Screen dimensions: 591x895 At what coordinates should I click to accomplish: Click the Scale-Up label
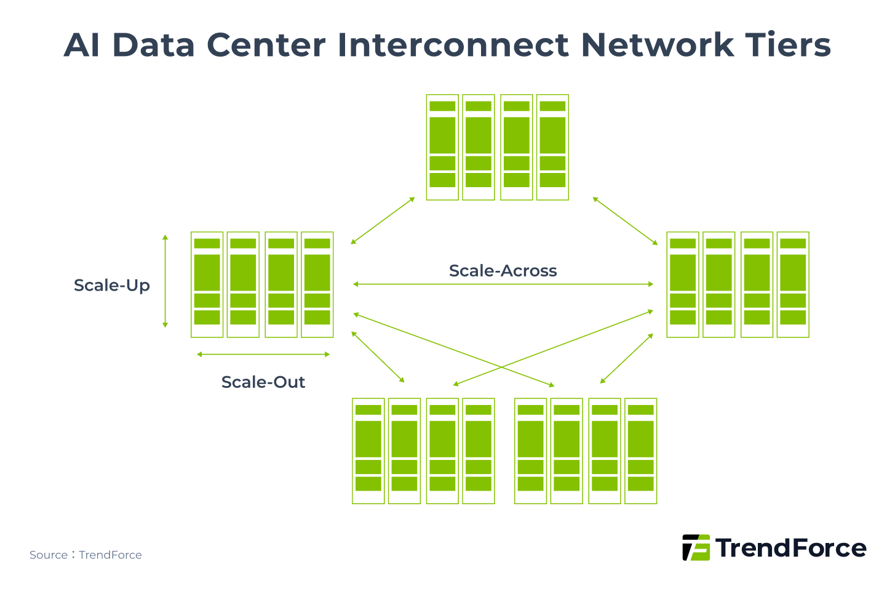coord(112,286)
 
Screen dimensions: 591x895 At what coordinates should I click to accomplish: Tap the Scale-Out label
coord(263,382)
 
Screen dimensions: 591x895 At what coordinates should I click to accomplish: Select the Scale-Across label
coord(503,271)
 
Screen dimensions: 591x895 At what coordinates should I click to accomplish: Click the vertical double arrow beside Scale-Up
coord(165,281)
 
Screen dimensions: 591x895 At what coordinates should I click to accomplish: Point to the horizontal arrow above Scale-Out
coord(263,355)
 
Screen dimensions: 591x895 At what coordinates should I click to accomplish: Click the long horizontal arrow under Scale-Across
coord(503,284)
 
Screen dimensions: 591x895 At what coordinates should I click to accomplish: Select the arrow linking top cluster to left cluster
coord(383,221)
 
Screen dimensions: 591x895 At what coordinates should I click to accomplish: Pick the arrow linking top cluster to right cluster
coord(625,221)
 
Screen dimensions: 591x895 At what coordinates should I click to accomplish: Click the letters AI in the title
coord(82,45)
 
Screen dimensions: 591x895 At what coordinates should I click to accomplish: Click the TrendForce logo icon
coord(696,547)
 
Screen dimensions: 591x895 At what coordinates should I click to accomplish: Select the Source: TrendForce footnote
coord(86,555)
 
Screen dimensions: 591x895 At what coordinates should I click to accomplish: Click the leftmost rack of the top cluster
coord(442,147)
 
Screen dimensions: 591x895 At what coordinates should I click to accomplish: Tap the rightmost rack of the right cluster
coord(793,284)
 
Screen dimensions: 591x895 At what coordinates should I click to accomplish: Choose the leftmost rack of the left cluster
coord(207,284)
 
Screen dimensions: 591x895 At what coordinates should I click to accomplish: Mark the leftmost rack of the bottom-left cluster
coord(368,451)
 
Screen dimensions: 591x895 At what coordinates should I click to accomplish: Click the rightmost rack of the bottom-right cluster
coord(641,451)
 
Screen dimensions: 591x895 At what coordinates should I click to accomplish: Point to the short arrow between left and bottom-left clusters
coord(378,357)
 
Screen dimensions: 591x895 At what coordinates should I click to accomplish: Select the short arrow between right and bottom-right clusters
coord(626,359)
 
